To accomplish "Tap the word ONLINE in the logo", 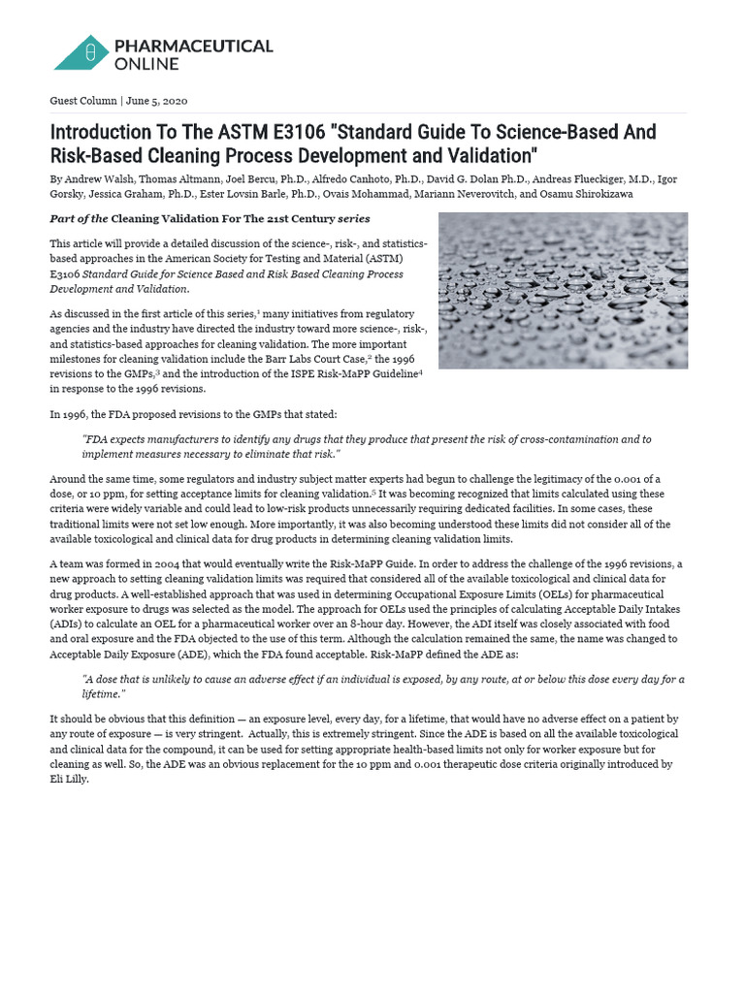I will [146, 64].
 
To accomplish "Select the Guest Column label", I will [82, 101].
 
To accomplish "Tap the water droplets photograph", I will [563, 290].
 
